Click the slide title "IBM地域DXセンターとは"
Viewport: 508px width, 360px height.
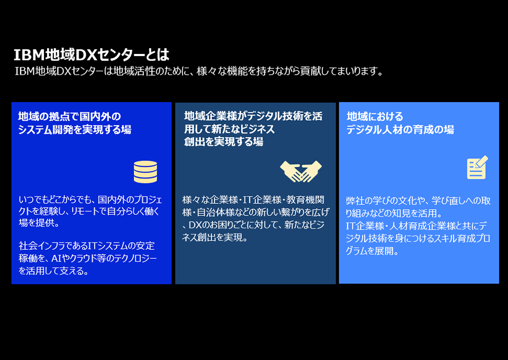(x=92, y=55)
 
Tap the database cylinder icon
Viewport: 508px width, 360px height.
(x=146, y=172)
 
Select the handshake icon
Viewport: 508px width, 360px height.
(x=301, y=171)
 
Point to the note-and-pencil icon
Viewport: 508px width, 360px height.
(x=477, y=167)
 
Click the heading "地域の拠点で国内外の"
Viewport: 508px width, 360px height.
(x=69, y=116)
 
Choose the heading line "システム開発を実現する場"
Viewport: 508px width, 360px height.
(x=75, y=130)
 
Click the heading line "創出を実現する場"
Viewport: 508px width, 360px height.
(x=223, y=141)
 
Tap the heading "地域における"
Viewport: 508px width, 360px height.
(x=375, y=116)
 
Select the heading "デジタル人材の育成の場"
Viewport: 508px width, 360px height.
(x=400, y=130)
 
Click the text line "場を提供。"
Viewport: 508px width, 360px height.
(x=39, y=223)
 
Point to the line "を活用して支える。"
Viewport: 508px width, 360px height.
(x=53, y=271)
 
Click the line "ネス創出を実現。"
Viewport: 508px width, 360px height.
(x=215, y=238)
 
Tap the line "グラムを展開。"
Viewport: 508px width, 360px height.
(x=372, y=251)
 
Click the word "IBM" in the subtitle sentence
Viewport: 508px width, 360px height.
(x=25, y=71)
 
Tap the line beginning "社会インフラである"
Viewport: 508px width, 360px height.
(x=87, y=246)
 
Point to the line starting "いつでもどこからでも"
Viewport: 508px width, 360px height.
(x=90, y=200)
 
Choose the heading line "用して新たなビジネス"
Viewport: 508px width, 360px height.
(x=229, y=129)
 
